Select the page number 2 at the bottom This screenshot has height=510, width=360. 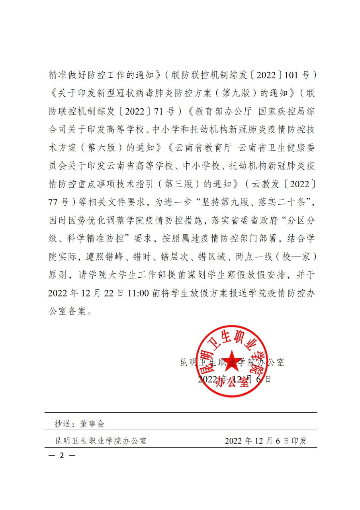(x=61, y=455)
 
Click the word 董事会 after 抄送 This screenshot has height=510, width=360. (x=92, y=424)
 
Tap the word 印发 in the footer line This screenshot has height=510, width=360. (x=298, y=441)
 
